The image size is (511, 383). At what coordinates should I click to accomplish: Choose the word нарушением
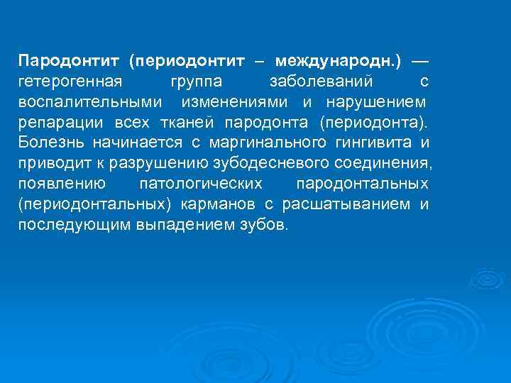click(376, 101)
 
